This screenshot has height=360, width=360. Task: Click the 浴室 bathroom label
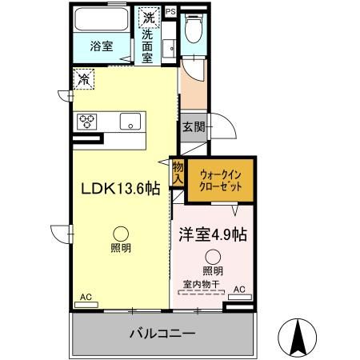(100, 46)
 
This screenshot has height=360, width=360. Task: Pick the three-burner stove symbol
(86, 122)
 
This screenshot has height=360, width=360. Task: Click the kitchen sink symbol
(129, 122)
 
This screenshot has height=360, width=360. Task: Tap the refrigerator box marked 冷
(84, 78)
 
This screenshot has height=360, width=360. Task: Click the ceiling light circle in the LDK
(118, 233)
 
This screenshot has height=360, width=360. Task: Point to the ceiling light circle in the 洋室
(212, 256)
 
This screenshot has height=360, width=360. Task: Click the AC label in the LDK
(85, 297)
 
